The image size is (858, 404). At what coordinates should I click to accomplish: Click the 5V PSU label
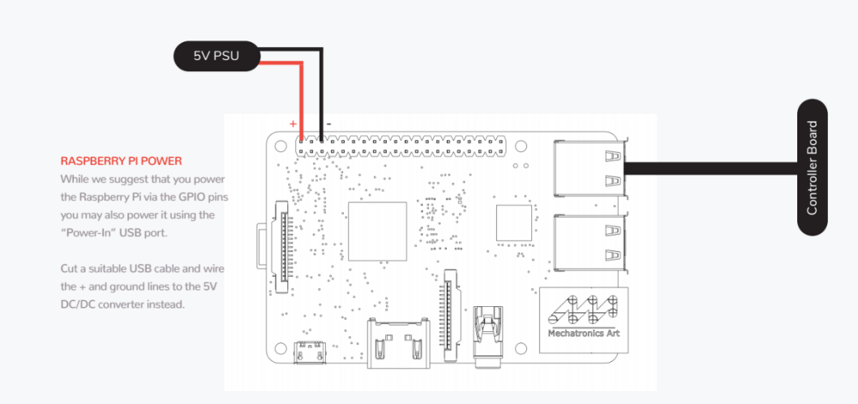[x=216, y=56]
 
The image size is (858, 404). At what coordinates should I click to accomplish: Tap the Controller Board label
[x=812, y=167]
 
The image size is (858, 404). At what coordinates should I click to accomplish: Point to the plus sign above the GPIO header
[x=293, y=124]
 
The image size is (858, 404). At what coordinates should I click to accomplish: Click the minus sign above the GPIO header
[x=329, y=124]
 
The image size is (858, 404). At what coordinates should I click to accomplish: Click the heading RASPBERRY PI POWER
[x=121, y=161]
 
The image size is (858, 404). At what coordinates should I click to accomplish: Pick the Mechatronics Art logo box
[x=583, y=320]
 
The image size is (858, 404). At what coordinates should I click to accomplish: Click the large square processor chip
[x=378, y=232]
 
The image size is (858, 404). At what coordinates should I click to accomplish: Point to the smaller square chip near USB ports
[x=514, y=222]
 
